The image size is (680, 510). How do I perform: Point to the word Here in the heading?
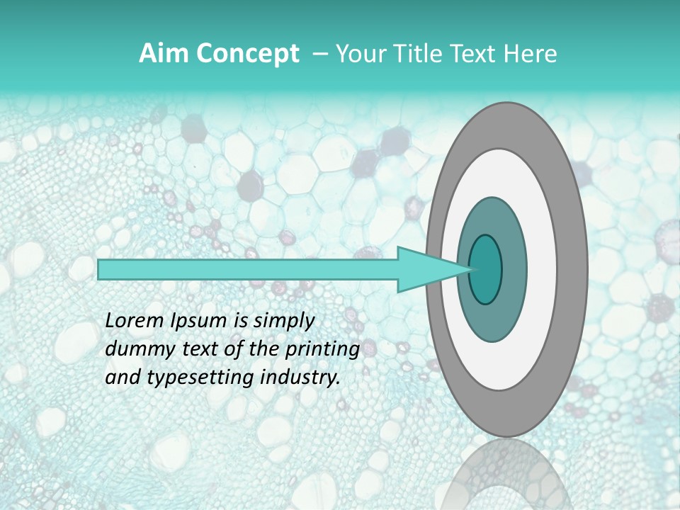point(531,54)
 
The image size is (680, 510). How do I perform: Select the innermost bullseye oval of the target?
point(486,269)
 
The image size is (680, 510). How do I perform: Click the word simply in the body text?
point(283,321)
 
